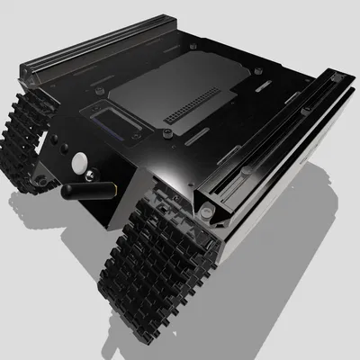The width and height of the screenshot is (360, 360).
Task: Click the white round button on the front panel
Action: (80, 163)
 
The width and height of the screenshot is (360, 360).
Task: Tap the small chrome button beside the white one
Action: (65, 150)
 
